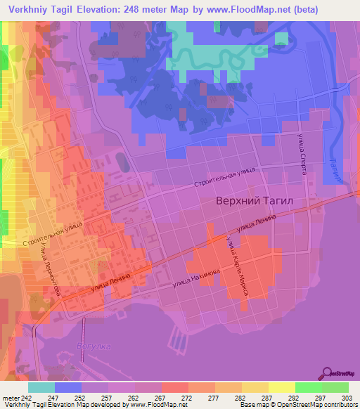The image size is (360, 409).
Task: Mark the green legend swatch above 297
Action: pos(309,387)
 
